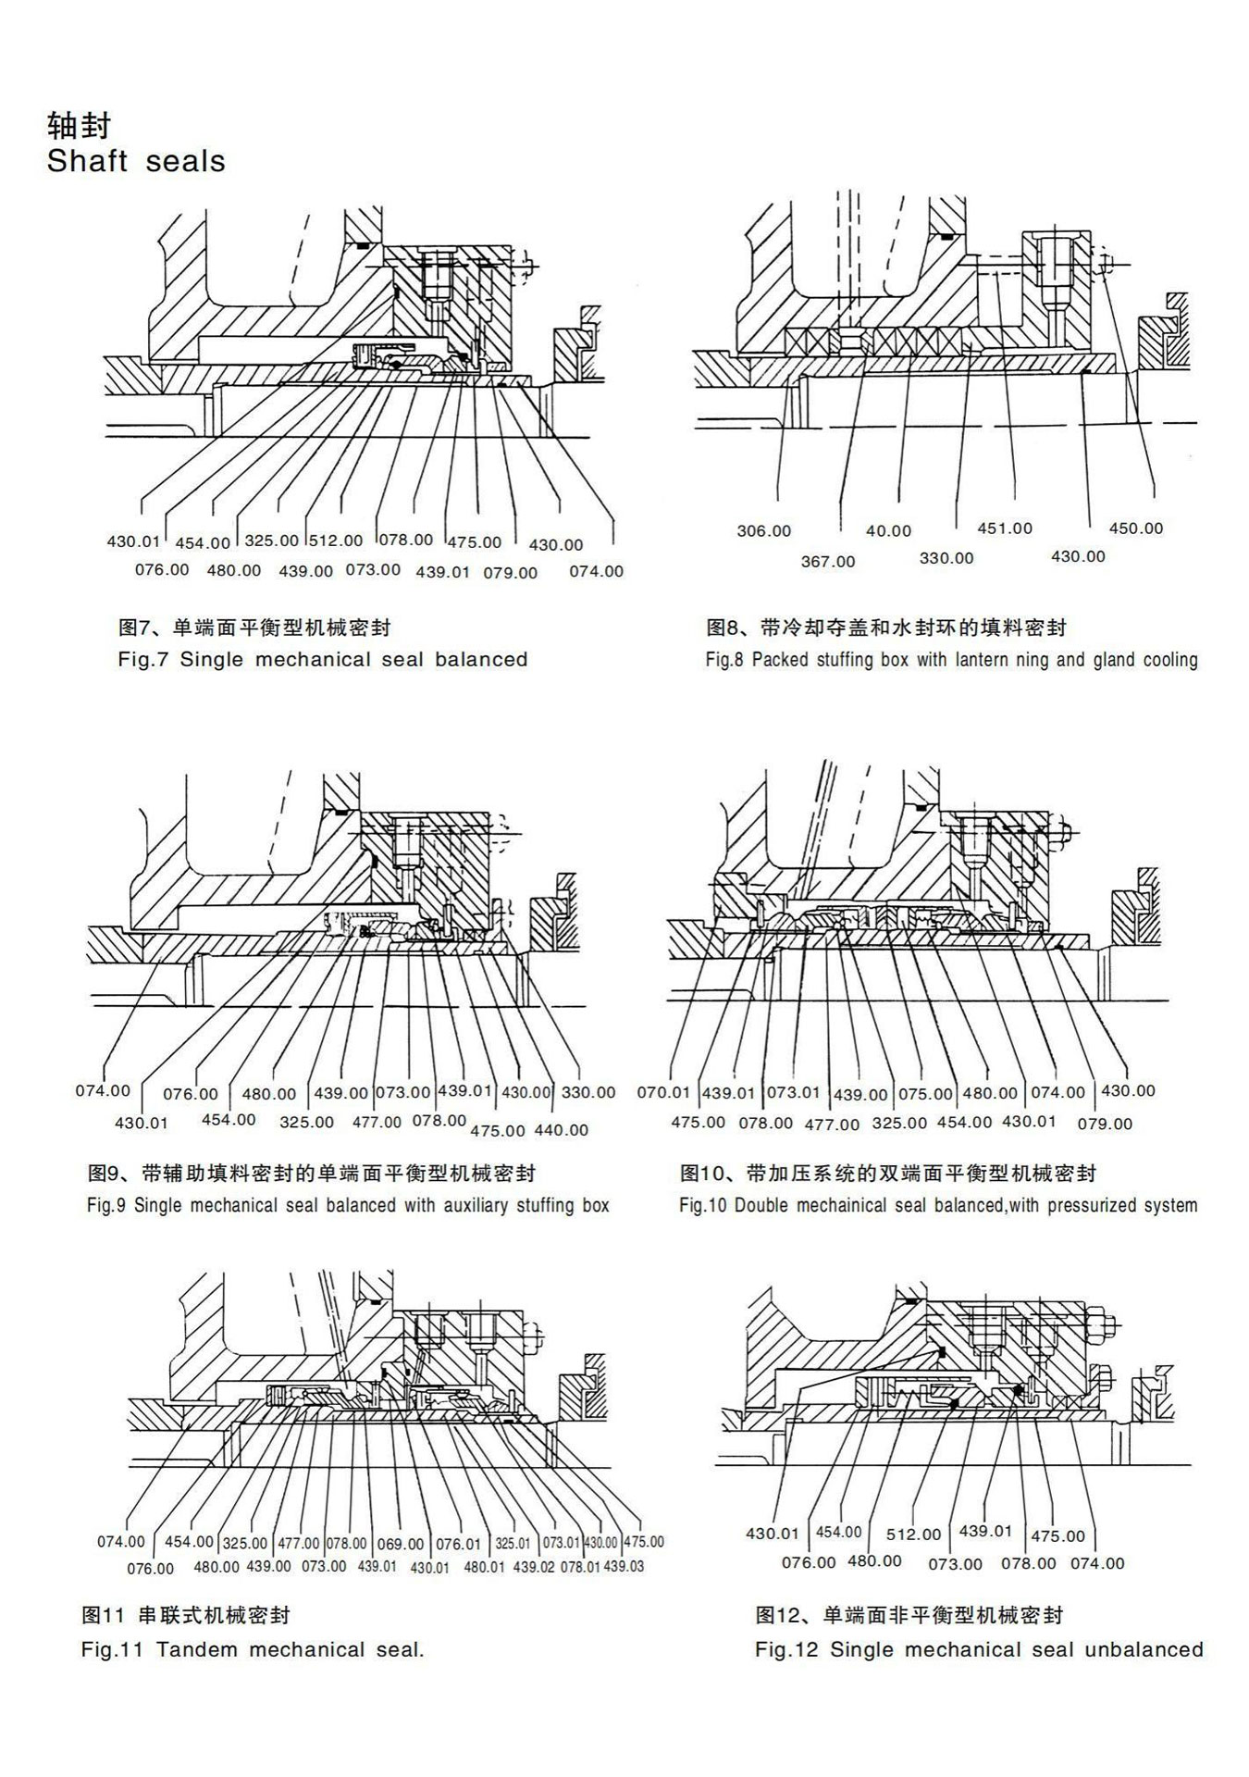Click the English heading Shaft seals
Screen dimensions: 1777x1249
136,161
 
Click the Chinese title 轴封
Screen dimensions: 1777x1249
78,124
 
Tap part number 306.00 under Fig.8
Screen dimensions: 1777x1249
763,531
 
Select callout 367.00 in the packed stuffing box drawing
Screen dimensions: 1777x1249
827,562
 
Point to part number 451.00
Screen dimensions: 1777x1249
1005,528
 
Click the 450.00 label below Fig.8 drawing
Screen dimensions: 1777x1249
1135,528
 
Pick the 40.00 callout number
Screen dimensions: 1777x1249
888,531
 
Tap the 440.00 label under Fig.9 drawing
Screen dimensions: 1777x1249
561,1130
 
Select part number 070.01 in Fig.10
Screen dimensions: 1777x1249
663,1092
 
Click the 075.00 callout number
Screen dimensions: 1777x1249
925,1094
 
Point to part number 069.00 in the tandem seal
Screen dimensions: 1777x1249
401,1544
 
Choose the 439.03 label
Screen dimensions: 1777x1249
624,1567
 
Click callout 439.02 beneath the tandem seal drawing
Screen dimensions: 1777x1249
534,1567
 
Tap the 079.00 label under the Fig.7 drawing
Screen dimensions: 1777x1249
510,573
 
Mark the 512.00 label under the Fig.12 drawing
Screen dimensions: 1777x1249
913,1535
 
